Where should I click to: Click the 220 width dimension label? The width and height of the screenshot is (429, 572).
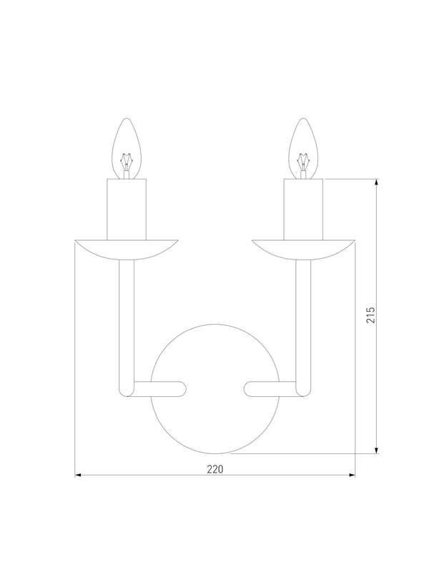215,469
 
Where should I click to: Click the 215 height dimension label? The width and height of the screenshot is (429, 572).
370,315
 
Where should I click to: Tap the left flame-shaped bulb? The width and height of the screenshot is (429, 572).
127,149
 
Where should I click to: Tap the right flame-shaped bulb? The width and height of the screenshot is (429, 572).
303,149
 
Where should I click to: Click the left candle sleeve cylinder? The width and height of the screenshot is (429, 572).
127,209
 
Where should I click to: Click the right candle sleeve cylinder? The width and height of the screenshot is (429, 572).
303,209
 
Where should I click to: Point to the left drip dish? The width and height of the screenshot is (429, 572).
127,250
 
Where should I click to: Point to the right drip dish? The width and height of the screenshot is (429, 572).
303,250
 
